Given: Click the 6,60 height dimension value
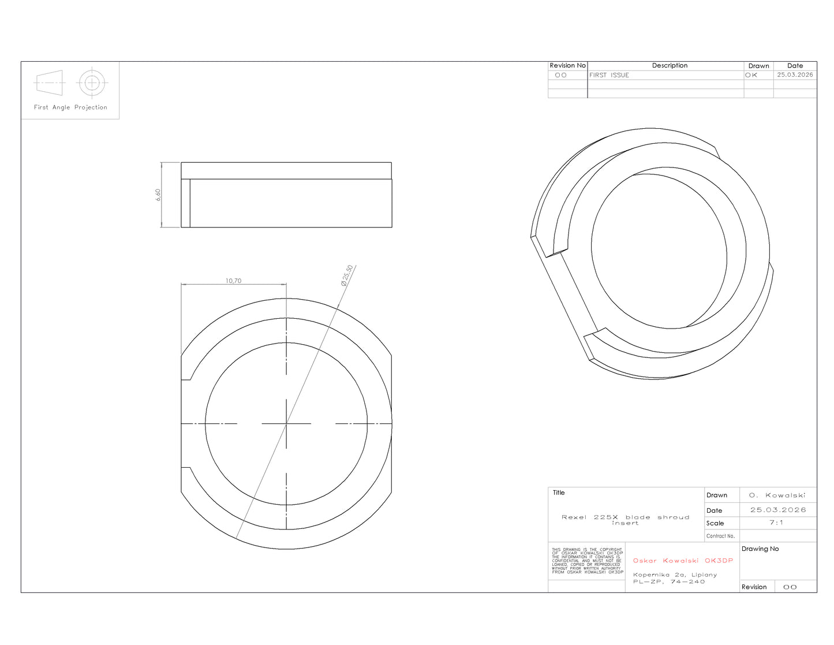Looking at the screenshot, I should point(158,195).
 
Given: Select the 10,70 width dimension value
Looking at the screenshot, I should point(233,281).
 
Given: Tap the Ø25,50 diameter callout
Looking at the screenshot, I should point(347,275).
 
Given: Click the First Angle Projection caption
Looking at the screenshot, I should point(70,107).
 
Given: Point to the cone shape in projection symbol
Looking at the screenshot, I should point(49,83).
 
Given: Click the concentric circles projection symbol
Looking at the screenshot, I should point(92,83).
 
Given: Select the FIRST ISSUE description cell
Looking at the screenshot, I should point(609,75).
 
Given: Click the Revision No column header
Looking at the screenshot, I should point(567,66).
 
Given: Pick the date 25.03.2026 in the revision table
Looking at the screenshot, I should point(795,74).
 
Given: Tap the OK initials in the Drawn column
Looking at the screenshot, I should point(751,75).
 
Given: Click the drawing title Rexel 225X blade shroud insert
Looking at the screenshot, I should point(625,520).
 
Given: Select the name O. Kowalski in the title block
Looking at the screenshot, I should point(777,495).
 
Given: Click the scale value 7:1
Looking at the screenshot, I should point(776,523).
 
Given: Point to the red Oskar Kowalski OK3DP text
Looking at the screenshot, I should point(683,561).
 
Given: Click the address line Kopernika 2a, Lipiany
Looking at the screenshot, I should point(675,575).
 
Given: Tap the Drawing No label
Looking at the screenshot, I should point(760,549).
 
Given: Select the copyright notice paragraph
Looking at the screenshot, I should point(587,561).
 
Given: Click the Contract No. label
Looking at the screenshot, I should point(720,536).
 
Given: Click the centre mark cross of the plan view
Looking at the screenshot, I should point(286,424).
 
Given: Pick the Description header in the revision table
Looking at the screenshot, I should point(670,66).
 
